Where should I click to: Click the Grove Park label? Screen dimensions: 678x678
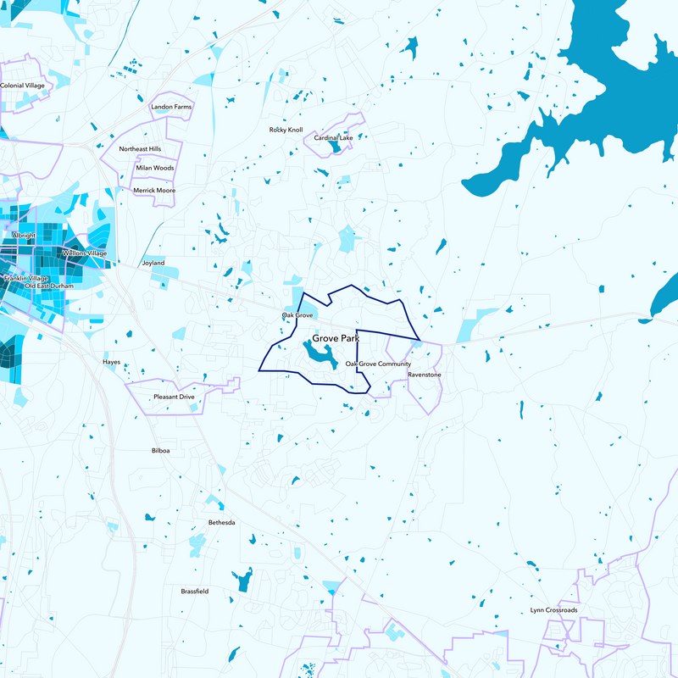point(336,338)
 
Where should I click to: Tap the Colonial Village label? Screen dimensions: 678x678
point(23,86)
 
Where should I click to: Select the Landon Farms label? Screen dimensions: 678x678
point(171,108)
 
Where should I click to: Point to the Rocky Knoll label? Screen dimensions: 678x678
point(286,130)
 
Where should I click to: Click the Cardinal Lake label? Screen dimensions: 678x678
point(333,137)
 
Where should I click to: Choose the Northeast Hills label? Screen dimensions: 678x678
point(140,149)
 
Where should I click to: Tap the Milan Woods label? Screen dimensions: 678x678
point(154,168)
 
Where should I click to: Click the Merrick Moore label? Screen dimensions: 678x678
point(154,191)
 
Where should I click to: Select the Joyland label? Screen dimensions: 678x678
point(153,263)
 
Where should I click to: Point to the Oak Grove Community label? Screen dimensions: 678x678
point(378,364)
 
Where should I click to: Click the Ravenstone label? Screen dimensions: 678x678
point(424,374)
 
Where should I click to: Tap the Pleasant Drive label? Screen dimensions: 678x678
point(174,397)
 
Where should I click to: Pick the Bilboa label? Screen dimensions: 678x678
point(160,451)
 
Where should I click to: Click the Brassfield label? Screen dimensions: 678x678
point(194,591)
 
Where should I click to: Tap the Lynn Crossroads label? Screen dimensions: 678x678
point(554,610)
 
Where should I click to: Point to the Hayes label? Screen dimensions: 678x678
point(111,362)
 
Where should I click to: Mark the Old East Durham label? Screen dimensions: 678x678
point(50,286)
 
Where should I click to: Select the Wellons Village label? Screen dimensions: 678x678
point(85,253)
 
